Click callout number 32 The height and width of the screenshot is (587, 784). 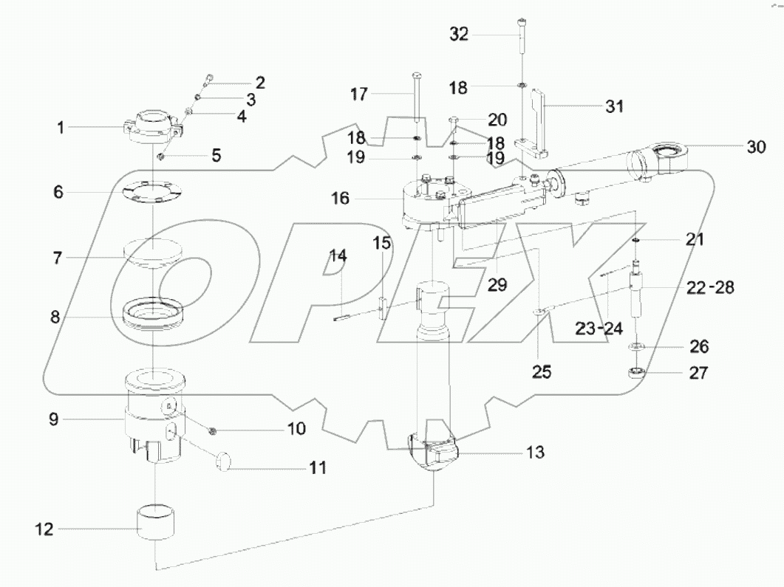tap(459, 35)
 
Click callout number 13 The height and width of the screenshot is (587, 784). tap(535, 453)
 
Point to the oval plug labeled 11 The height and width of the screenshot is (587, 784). tap(224, 463)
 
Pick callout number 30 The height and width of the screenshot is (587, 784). tap(755, 147)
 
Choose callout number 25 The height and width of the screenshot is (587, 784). tap(542, 372)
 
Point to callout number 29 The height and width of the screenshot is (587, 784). tap(497, 285)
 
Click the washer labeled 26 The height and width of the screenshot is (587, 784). tap(637, 346)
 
